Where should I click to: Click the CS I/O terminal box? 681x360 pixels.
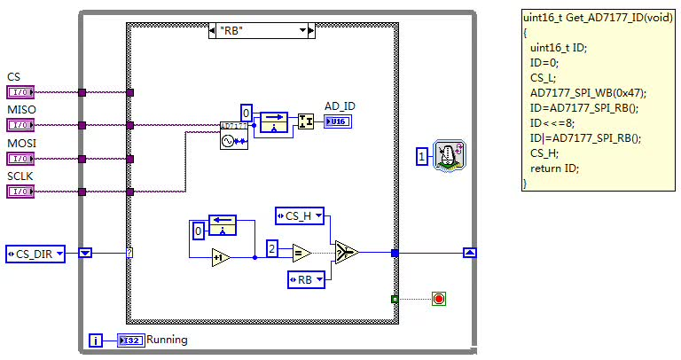coord(20,91)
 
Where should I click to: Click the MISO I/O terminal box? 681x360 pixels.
coord(20,125)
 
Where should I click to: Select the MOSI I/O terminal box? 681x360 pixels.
coord(20,159)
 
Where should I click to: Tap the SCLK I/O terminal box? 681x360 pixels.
coord(20,192)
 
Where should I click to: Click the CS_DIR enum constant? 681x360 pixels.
coord(35,254)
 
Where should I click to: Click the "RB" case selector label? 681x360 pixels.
coord(259,31)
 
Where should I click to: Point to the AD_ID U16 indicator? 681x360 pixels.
coord(337,121)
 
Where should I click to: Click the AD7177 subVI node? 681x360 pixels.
coord(233,135)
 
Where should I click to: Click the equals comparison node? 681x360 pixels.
coord(301,254)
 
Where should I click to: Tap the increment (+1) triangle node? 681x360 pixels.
coord(221,258)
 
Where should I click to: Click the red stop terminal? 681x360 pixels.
coord(438,298)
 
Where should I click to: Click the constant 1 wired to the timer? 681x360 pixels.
coord(422,157)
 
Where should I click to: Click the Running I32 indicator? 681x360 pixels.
coord(129,340)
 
